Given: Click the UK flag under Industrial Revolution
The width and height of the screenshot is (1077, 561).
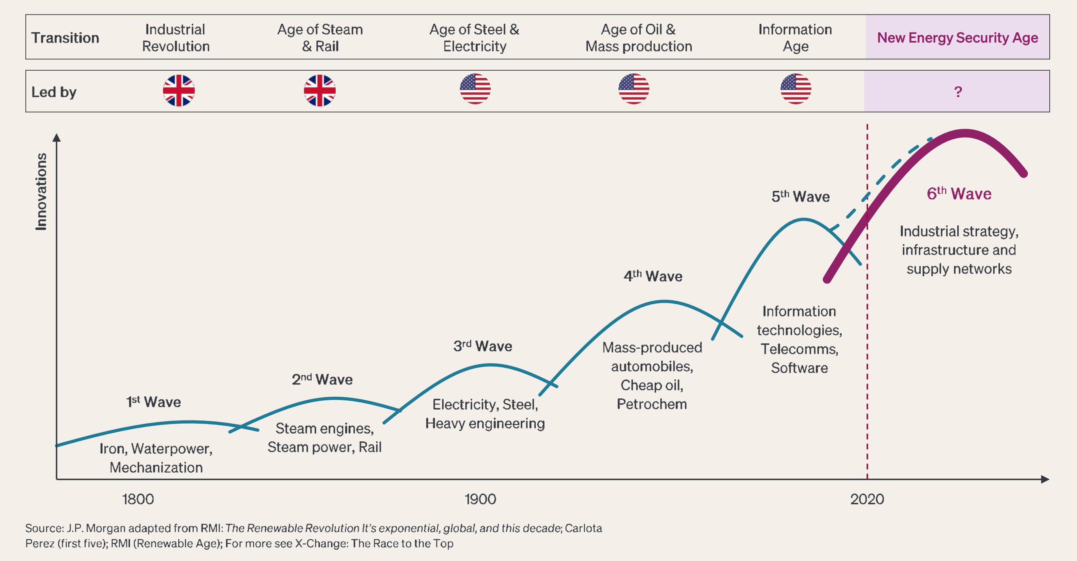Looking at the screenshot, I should tap(179, 90).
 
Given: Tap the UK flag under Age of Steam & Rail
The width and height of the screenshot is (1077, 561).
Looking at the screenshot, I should tap(319, 90).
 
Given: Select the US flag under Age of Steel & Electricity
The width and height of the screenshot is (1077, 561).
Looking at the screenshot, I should tap(475, 89).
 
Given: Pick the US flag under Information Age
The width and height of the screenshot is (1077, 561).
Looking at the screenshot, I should tap(796, 89).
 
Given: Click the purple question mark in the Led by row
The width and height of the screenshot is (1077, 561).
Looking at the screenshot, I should tap(958, 92).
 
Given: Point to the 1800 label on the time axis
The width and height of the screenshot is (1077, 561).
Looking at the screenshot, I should tap(138, 499).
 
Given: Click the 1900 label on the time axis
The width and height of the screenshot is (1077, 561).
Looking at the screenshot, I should tap(480, 499).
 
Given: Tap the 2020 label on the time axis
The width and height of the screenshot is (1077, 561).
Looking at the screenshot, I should tap(867, 499).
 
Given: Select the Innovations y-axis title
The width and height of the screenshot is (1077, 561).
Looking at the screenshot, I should tap(41, 192).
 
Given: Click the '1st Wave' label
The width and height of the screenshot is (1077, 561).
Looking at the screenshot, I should tap(153, 402).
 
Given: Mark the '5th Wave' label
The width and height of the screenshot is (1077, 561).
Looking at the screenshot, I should tap(800, 196).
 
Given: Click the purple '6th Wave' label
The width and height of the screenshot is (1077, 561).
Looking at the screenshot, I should tap(959, 194).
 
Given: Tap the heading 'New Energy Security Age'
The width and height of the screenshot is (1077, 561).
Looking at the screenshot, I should tap(957, 38).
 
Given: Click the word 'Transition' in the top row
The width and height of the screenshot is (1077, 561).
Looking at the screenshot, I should tap(65, 38).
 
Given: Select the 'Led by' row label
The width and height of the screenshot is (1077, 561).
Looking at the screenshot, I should tap(54, 92).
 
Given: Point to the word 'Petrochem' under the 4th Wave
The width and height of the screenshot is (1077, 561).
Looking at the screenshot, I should tap(651, 404).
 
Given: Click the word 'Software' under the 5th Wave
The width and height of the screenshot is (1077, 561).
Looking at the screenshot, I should tap(799, 368).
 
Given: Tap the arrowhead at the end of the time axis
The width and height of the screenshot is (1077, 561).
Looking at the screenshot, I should tap(1045, 479).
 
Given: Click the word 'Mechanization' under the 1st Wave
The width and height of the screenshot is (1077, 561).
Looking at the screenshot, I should tap(156, 467).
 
